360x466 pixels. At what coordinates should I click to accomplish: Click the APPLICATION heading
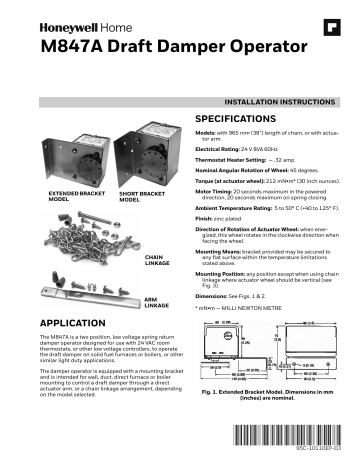73,325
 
